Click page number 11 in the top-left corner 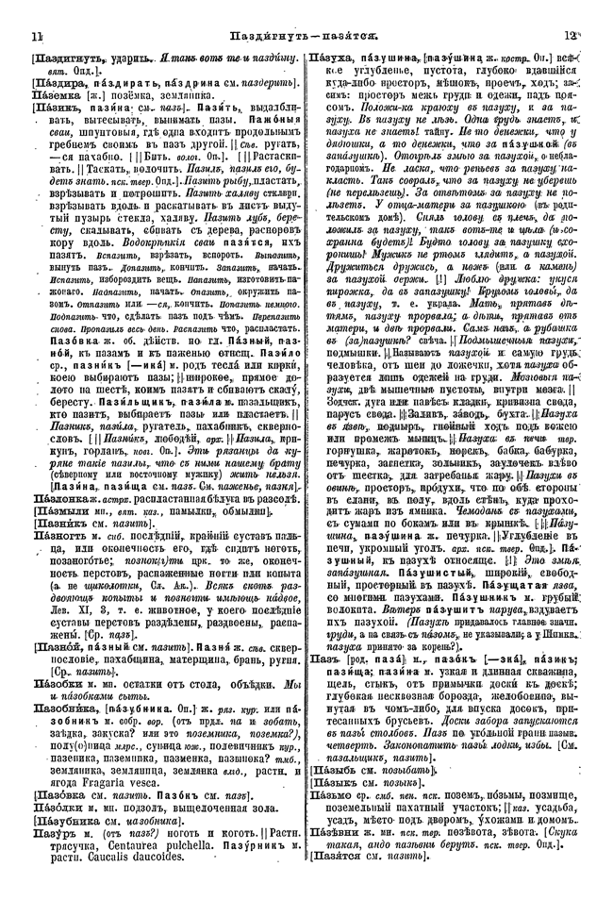click(37, 37)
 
